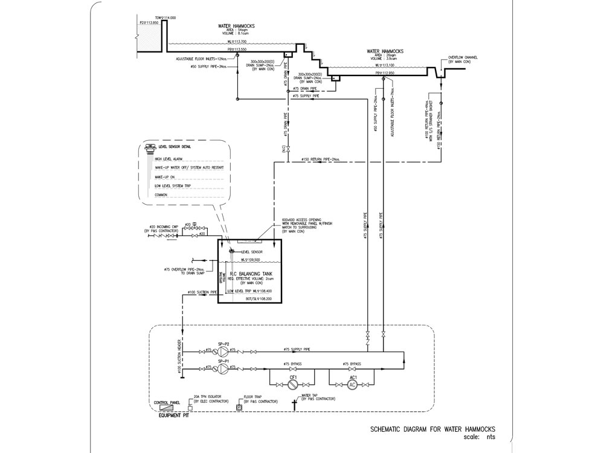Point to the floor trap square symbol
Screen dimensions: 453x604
tap(239, 408)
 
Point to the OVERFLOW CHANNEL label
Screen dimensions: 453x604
tap(463, 58)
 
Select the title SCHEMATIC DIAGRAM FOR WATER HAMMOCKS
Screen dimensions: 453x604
tap(432, 429)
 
